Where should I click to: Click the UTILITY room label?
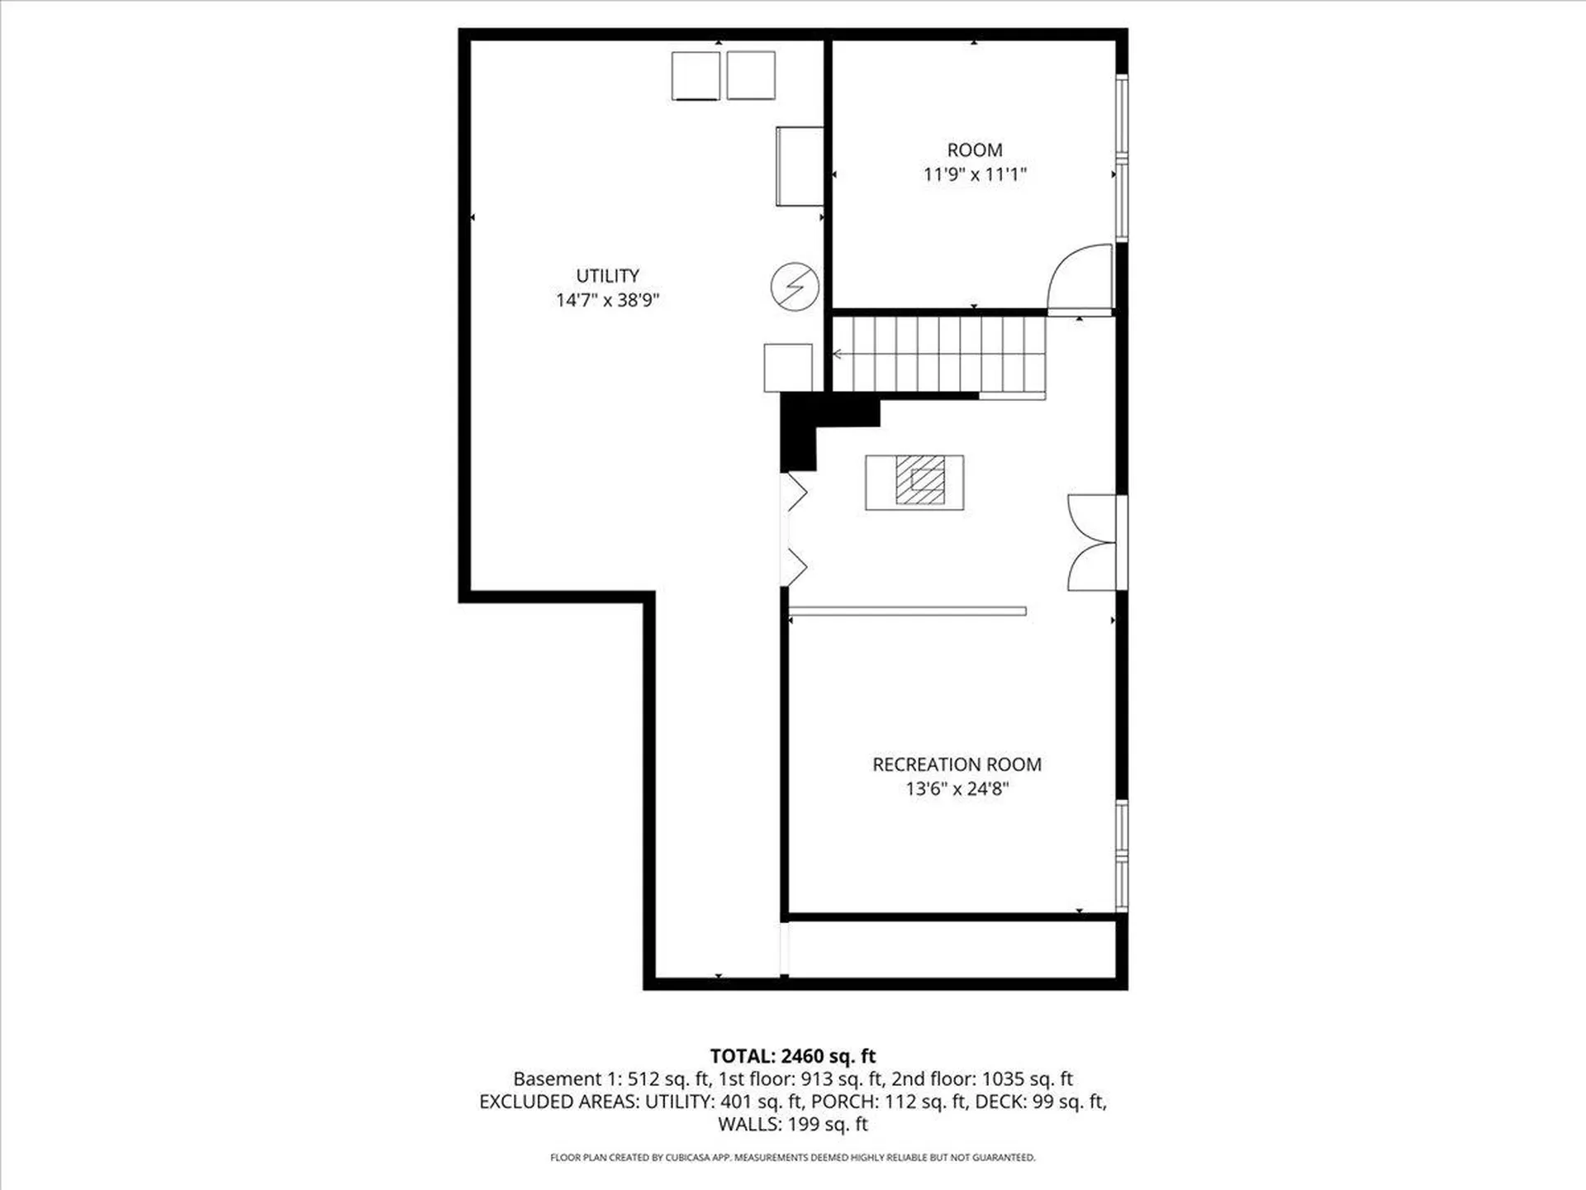click(x=607, y=275)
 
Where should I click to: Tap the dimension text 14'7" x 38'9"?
click(x=607, y=300)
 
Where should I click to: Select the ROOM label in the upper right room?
click(x=975, y=150)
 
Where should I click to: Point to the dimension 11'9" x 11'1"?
click(x=975, y=174)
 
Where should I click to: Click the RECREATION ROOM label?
click(x=957, y=764)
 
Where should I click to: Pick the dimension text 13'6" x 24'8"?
click(x=957, y=788)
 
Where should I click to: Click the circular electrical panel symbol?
click(x=795, y=287)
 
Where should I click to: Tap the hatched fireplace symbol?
click(x=919, y=480)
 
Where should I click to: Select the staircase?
click(x=938, y=354)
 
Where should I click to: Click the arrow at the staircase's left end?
click(x=838, y=355)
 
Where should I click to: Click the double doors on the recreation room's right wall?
click(x=1092, y=543)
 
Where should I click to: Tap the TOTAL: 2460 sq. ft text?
click(x=793, y=1055)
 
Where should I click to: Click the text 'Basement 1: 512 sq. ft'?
click(x=611, y=1078)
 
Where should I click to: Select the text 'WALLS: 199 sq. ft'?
click(x=793, y=1124)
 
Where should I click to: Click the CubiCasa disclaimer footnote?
click(x=793, y=1158)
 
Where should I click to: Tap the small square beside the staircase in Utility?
click(x=787, y=367)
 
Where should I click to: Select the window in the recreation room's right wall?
click(x=1122, y=855)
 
